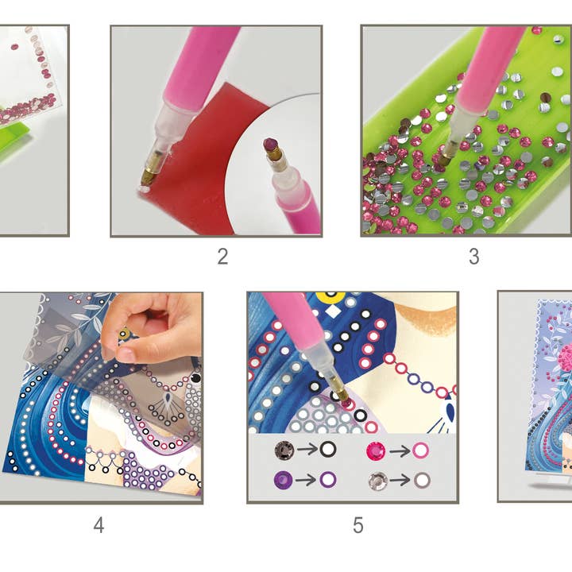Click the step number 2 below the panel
point(222,256)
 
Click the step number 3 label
point(473,256)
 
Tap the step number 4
point(99,524)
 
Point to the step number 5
point(357,524)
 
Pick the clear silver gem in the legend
point(374,479)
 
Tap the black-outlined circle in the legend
point(327,450)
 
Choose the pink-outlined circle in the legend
point(420,450)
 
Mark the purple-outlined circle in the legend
point(327,479)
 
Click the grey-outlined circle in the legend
point(420,479)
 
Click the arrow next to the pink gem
point(397,450)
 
